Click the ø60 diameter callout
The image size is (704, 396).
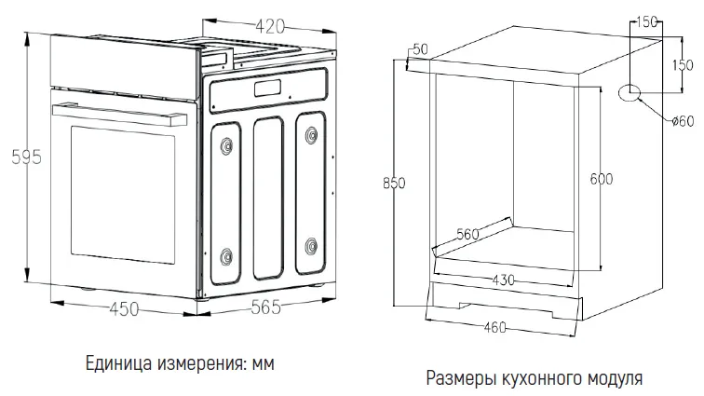point(684,121)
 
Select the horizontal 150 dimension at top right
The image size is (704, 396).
point(648,20)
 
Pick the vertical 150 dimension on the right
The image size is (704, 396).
point(683,64)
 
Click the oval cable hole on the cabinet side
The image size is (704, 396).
point(631,91)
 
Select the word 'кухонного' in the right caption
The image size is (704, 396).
point(540,379)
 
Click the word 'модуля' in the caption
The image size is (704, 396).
point(616,379)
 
